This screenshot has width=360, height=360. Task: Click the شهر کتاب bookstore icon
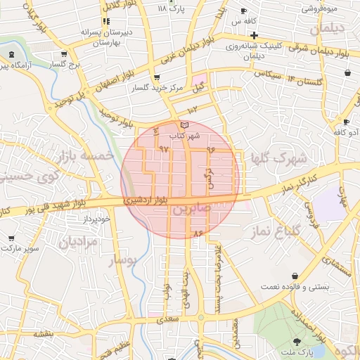tap(184, 125)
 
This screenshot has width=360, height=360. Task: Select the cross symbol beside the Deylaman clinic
tap(254, 35)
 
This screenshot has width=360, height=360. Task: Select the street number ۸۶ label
tap(198, 232)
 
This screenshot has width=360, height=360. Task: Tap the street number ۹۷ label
tap(165, 149)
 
